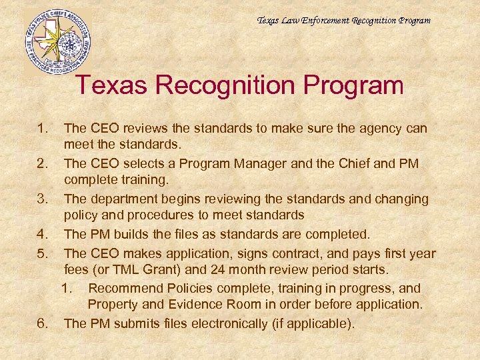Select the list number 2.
click(x=43, y=163)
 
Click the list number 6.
click(x=43, y=324)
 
